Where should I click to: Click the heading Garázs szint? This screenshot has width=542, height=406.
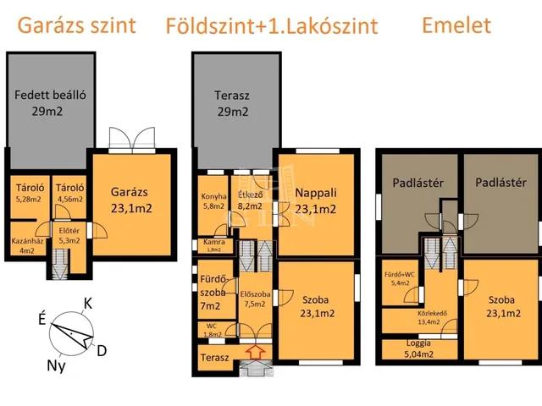(x=76, y=25)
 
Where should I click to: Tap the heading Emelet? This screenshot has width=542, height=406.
(x=456, y=25)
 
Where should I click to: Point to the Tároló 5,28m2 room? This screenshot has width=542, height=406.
(x=28, y=194)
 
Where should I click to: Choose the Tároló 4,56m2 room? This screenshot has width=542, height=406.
(x=69, y=194)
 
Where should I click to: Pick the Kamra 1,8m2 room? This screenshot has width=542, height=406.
(x=213, y=245)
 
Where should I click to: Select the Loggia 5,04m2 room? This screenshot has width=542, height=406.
(x=419, y=348)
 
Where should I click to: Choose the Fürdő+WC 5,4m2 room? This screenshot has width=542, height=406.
(x=398, y=279)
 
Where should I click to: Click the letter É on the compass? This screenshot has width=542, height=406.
(x=41, y=319)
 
